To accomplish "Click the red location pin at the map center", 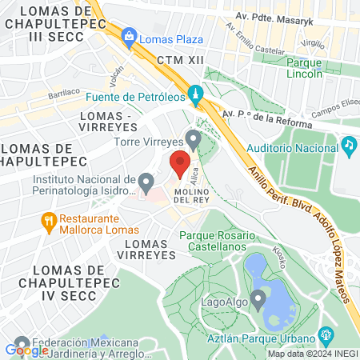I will coord(180,164).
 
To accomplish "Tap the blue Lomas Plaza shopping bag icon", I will coord(129,35).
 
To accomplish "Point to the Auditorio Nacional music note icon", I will coord(349,145).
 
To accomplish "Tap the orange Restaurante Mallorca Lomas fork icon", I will coord(49,221).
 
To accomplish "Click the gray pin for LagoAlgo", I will coord(258,300).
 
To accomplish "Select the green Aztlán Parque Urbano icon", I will coord(326,334).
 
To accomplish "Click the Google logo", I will coord(26,350).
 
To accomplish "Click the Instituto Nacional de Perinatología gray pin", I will coord(146,183).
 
